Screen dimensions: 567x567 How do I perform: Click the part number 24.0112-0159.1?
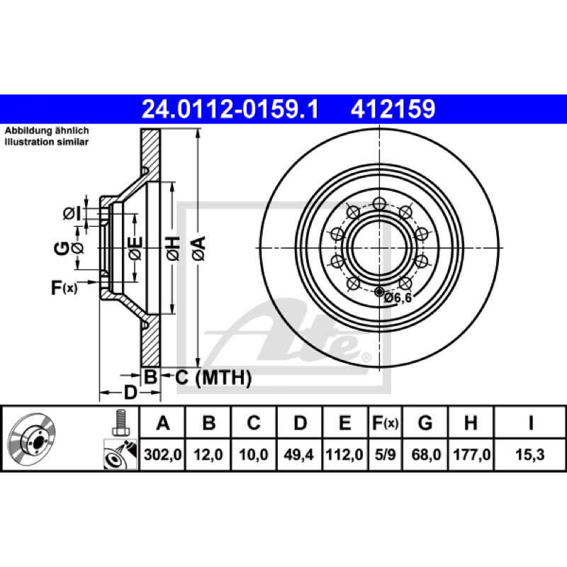tap(230, 109)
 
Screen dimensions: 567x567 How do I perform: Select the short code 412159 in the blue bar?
tap(393, 109)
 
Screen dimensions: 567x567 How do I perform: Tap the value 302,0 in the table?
tap(163, 454)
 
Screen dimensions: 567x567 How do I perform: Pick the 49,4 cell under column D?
tap(298, 454)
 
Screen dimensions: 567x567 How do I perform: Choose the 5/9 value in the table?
tap(385, 454)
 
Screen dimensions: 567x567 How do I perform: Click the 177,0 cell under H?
tap(471, 454)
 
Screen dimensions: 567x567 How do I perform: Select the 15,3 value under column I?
tap(529, 454)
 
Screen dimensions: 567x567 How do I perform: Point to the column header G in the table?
tap(425, 422)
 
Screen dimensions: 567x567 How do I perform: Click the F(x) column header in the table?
tap(385, 422)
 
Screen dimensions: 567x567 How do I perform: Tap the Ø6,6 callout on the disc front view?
tap(398, 298)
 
